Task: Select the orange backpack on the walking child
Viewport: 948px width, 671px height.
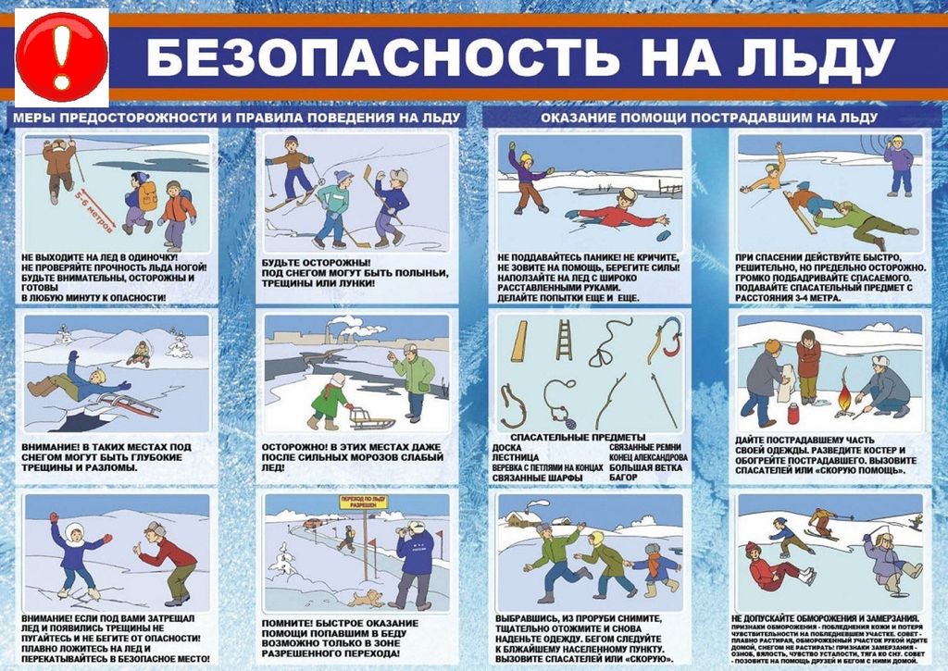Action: click(x=147, y=195)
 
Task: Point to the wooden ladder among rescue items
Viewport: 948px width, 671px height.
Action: click(x=563, y=340)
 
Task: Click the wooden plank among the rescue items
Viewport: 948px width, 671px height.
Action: click(x=519, y=342)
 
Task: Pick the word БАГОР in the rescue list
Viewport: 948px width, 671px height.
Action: click(x=625, y=478)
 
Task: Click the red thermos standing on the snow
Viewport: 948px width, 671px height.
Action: click(x=793, y=413)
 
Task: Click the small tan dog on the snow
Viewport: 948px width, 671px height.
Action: click(x=368, y=598)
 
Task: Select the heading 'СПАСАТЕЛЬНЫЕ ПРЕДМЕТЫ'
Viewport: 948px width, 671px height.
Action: click(x=571, y=438)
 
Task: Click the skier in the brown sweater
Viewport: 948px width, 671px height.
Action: click(x=293, y=167)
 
